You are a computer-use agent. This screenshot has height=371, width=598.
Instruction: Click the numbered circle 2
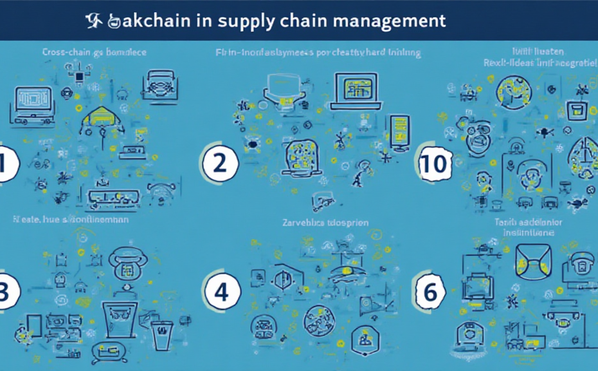pos(219,163)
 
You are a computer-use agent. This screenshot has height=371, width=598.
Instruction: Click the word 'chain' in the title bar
pos(303,20)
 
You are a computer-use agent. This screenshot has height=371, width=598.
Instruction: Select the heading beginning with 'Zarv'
pos(325,223)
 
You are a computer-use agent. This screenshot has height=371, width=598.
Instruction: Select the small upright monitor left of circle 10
pos(399,132)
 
